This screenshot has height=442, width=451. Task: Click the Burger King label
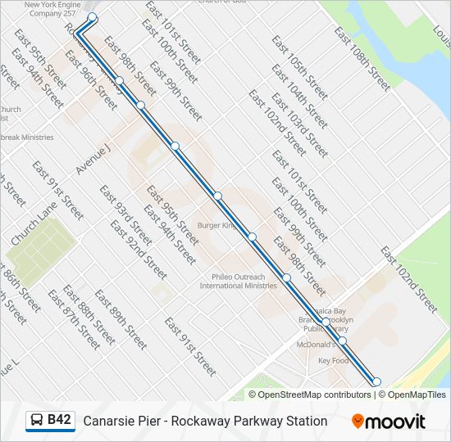[217, 225]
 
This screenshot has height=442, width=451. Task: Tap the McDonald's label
[314, 345]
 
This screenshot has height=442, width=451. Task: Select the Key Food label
[333, 361]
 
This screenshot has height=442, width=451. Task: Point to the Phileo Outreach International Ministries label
[239, 281]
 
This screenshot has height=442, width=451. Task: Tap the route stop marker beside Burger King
[253, 237]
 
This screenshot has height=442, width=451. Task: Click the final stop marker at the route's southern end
[376, 381]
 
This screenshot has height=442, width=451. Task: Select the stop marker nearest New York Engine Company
[92, 17]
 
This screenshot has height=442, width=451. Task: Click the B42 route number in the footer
[59, 420]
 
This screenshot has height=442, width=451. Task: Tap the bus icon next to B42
[37, 421]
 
